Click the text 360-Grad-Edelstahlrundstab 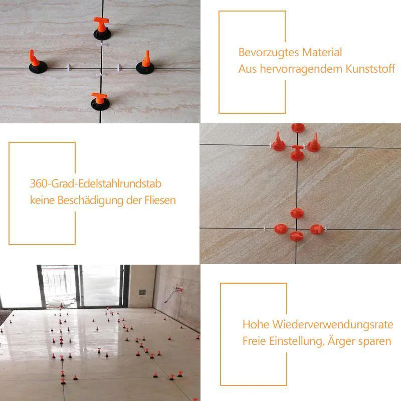click(96, 184)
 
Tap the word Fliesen click(159, 200)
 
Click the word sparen click(377, 341)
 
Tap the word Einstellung click(293, 341)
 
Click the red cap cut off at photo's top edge click(298, 127)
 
